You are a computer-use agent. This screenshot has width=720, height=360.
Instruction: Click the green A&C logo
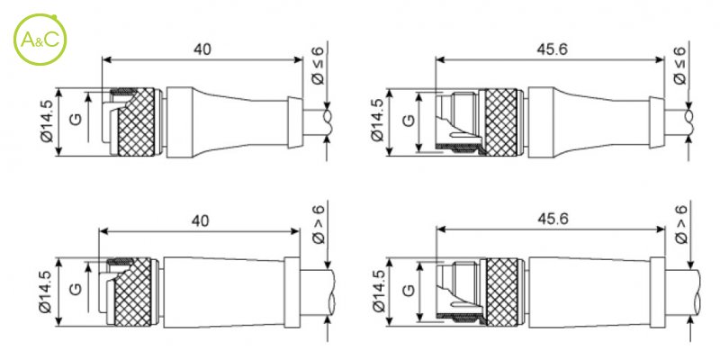(x=40, y=40)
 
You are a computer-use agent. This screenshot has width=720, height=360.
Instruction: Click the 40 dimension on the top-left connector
(x=202, y=49)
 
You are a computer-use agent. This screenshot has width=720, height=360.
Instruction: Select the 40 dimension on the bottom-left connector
(x=201, y=220)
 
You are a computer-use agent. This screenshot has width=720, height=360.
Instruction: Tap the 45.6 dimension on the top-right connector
(x=552, y=49)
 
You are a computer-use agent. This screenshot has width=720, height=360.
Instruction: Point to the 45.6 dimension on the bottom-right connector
(x=553, y=219)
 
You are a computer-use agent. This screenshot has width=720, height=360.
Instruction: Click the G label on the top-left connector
(x=76, y=119)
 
